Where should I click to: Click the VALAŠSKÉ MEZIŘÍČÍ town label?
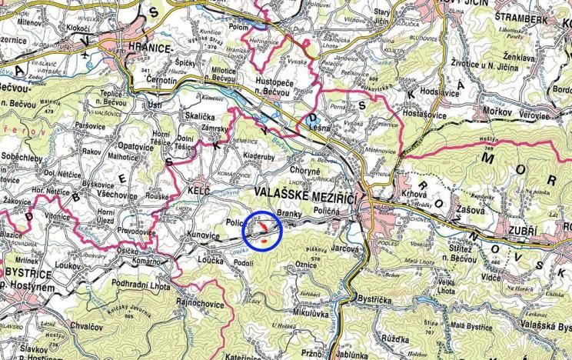[305, 195]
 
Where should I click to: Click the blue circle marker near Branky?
[263, 229]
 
